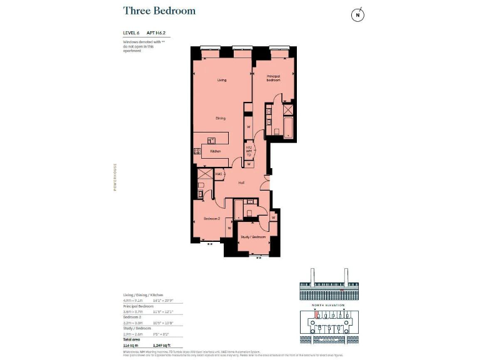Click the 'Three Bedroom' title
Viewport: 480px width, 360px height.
point(159,11)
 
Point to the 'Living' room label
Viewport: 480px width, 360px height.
point(221,80)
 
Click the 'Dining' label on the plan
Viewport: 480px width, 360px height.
point(221,118)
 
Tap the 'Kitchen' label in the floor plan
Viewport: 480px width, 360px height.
point(215,151)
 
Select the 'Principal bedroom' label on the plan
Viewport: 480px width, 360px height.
point(273,78)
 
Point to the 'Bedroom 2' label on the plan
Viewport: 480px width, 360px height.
point(211,219)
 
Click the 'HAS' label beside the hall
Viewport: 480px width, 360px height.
point(219,174)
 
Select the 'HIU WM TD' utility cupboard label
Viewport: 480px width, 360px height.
point(248,151)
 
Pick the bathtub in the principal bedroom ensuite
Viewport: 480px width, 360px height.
point(288,128)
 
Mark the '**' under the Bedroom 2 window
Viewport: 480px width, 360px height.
point(210,244)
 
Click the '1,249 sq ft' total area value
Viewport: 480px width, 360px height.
point(162,345)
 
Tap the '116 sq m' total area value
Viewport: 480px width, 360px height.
point(131,345)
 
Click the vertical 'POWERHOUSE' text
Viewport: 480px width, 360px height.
point(115,177)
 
